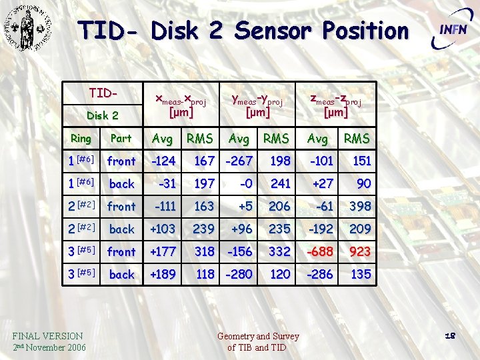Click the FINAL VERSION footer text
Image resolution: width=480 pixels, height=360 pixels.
(x=47, y=336)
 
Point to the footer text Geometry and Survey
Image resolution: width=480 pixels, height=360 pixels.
(x=259, y=336)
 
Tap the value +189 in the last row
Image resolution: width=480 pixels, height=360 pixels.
(x=162, y=274)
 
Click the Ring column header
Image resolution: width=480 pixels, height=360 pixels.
(x=81, y=139)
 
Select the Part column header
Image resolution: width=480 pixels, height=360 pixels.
(x=121, y=139)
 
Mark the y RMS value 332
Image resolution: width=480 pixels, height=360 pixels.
(x=279, y=251)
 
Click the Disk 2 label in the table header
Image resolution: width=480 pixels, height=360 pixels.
(x=103, y=115)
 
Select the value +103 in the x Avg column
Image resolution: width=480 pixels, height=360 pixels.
(x=162, y=229)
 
